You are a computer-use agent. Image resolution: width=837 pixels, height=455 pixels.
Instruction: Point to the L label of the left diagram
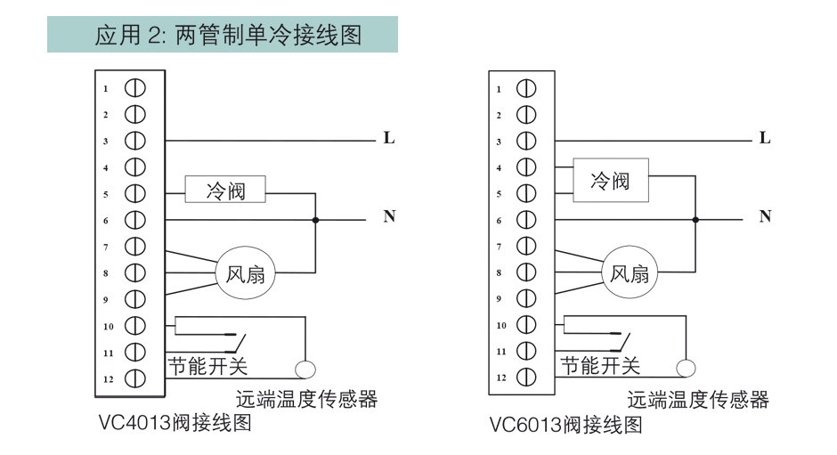(389, 138)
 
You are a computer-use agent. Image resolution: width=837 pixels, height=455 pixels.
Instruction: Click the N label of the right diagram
(765, 216)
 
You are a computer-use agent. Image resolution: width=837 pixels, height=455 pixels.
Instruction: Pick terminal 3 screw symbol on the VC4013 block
(135, 141)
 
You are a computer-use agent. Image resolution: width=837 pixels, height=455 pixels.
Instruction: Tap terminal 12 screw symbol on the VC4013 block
(135, 378)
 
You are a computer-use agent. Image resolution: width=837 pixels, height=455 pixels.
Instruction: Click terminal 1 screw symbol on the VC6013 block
(526, 89)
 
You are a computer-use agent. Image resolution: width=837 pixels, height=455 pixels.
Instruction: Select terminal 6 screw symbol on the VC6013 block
(526, 220)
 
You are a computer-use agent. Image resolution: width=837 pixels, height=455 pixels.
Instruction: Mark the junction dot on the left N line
(315, 220)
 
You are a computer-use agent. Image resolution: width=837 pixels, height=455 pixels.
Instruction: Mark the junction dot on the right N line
(695, 220)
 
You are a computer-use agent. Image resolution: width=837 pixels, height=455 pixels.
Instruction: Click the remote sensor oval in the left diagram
(305, 370)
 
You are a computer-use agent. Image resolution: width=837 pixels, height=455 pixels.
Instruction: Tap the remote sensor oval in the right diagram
(686, 368)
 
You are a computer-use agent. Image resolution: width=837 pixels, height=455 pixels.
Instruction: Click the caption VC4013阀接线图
(175, 422)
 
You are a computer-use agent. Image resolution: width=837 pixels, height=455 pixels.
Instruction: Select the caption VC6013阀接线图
(565, 425)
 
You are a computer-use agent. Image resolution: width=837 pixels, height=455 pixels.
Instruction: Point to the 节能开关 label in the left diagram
(208, 366)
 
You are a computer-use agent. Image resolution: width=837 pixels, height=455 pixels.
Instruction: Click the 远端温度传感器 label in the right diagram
(698, 400)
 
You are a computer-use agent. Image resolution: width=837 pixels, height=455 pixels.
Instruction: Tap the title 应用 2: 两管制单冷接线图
(229, 36)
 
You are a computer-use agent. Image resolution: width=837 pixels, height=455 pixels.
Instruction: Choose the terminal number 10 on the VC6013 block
(501, 325)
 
